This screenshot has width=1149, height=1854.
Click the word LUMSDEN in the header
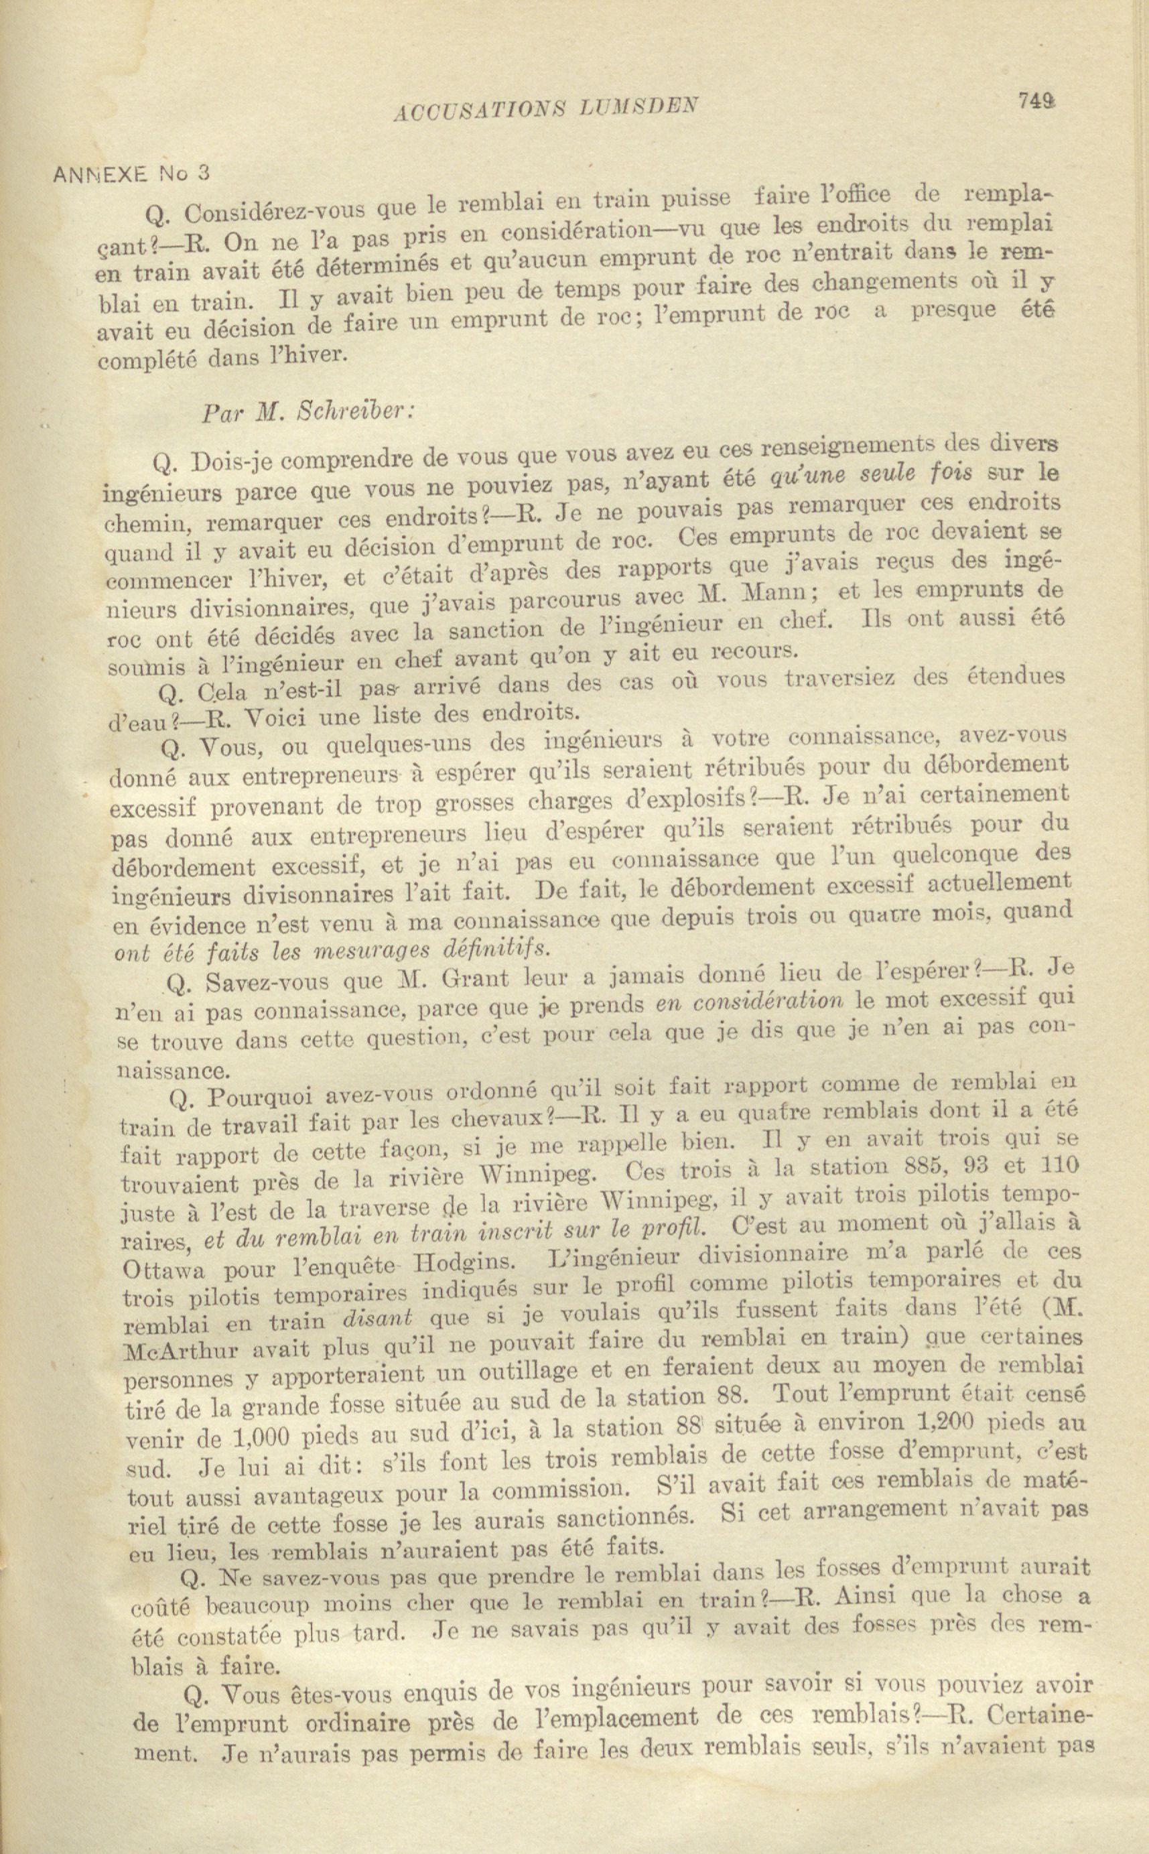click(640, 107)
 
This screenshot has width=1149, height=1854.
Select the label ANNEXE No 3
click(131, 174)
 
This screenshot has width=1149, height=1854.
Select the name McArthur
click(176, 1349)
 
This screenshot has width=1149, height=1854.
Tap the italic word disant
click(379, 1320)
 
